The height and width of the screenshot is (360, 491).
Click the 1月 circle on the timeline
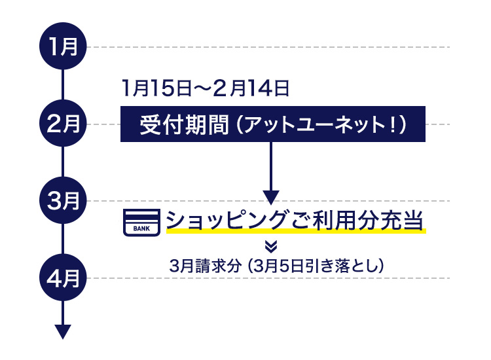[63, 47]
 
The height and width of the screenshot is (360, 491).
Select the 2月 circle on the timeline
[63, 124]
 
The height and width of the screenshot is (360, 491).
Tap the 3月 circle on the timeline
[63, 201]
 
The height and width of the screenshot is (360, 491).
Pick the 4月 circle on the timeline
[63, 278]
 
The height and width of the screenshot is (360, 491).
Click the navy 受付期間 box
[273, 124]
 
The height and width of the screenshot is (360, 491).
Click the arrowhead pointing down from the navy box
[272, 197]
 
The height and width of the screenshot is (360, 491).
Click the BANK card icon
[141, 222]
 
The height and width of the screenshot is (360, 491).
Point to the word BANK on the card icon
[141, 228]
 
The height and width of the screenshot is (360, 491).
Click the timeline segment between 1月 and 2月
[63, 86]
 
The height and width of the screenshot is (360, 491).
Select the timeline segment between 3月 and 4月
[63, 240]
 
